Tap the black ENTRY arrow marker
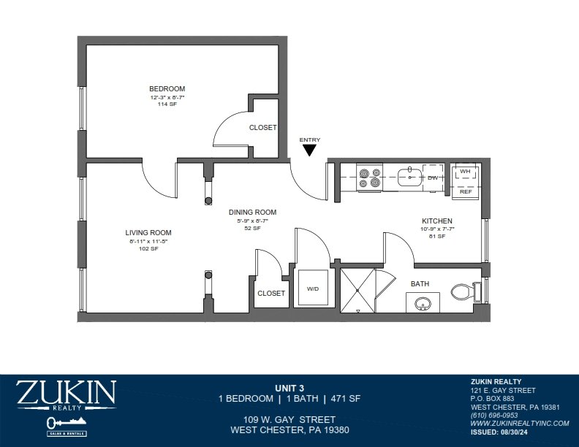click(x=309, y=150)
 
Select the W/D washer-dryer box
click(x=313, y=289)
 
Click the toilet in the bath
click(x=463, y=292)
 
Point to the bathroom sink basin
click(x=422, y=303)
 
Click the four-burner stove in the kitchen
click(x=369, y=178)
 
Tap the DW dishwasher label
click(x=432, y=177)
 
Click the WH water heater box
click(x=465, y=173)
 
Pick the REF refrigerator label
click(x=465, y=191)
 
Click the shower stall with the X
click(x=358, y=290)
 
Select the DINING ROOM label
click(x=251, y=213)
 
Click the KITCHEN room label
click(x=436, y=221)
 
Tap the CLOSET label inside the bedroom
click(x=262, y=128)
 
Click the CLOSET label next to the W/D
click(x=270, y=294)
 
